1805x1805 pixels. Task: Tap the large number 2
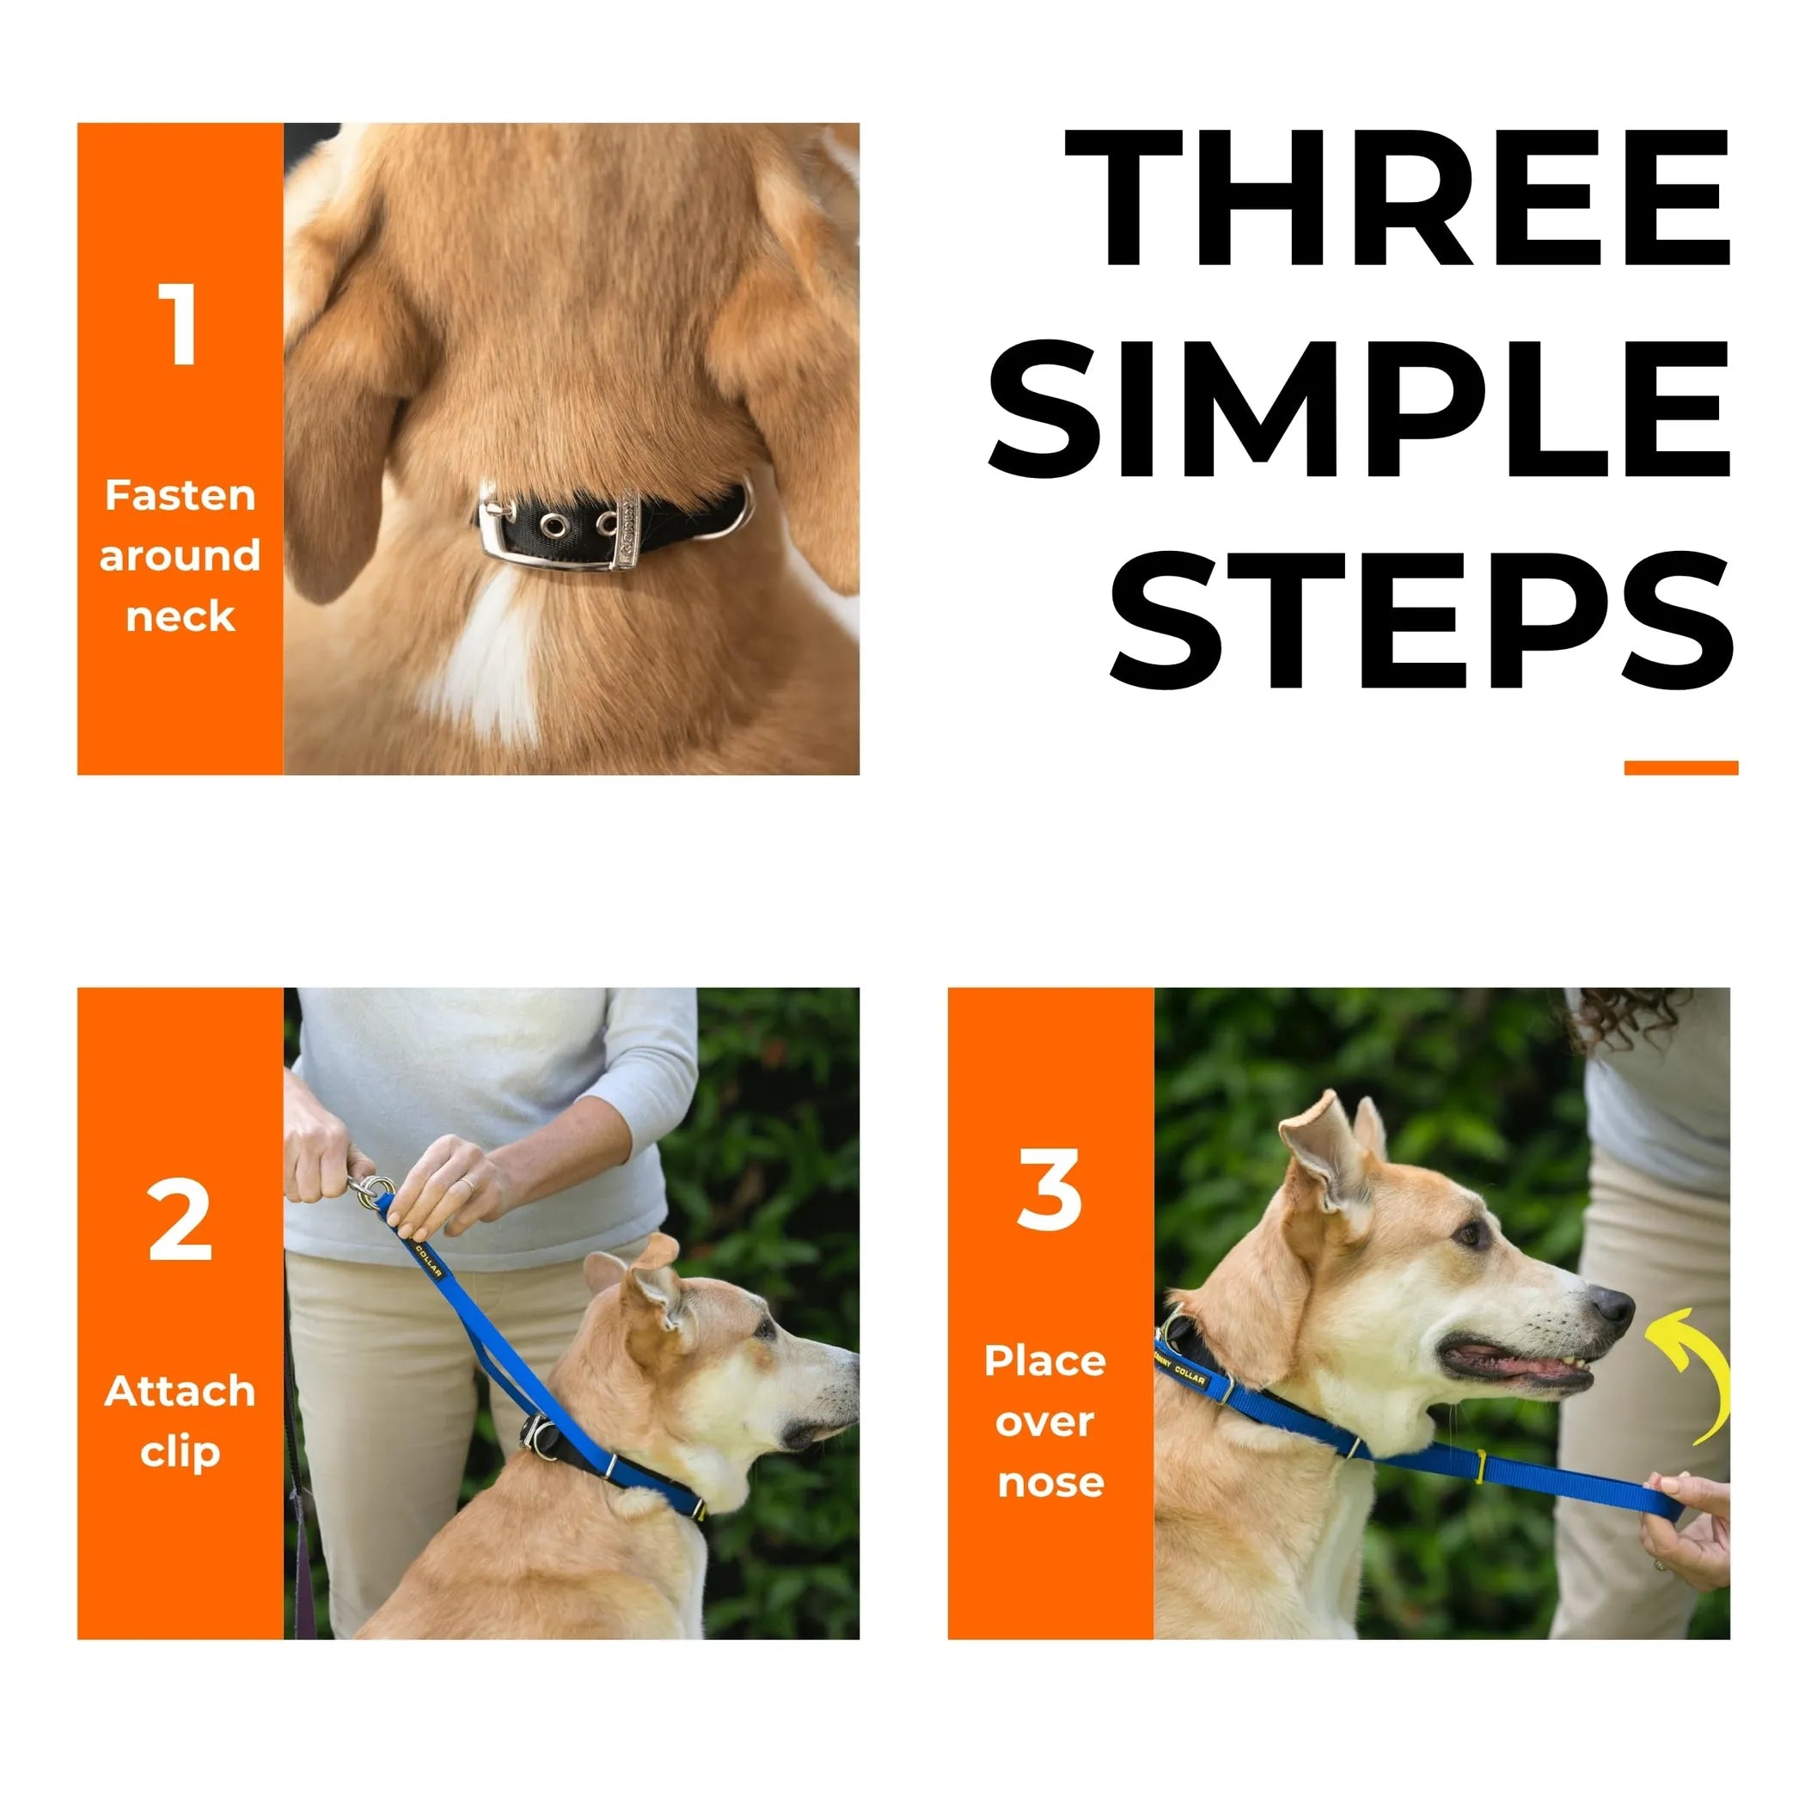click(180, 1221)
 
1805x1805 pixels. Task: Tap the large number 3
click(1050, 1190)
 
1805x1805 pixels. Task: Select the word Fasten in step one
click(180, 495)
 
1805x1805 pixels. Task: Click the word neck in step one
click(180, 616)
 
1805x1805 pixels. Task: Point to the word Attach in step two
click(180, 1390)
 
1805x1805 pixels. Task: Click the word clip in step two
click(180, 1451)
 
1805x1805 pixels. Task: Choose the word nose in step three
click(1050, 1482)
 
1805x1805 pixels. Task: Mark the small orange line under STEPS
click(1680, 768)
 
